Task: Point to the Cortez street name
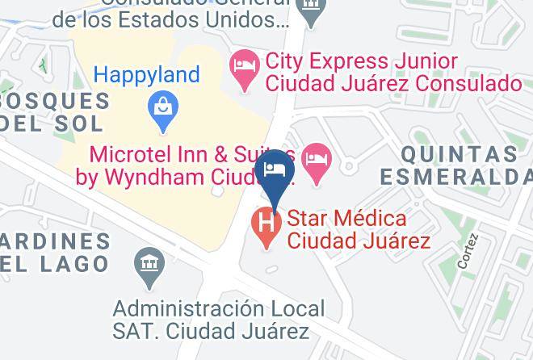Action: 468,253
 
